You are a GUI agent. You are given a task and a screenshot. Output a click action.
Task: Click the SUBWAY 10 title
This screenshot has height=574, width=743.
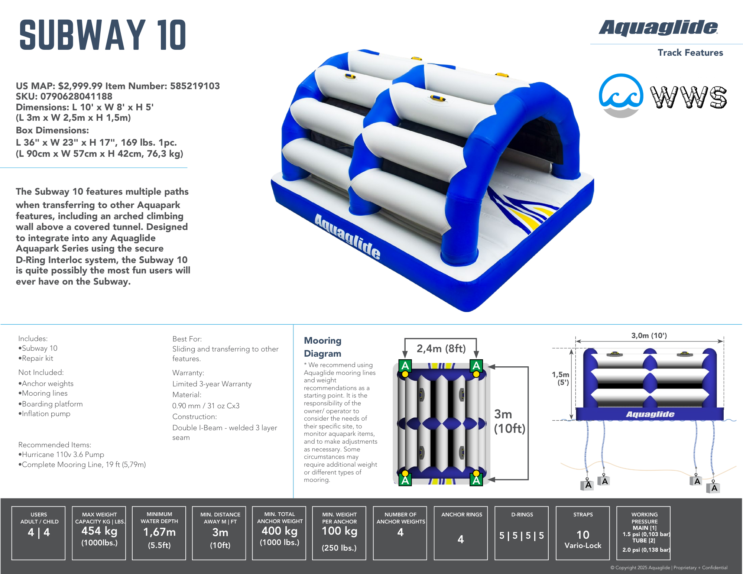103,35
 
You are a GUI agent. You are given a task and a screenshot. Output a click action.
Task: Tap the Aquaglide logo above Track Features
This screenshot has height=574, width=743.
658,28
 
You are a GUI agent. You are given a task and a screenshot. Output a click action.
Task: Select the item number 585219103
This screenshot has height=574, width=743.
195,86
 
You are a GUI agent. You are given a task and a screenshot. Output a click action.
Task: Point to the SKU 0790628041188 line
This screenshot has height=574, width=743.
64,97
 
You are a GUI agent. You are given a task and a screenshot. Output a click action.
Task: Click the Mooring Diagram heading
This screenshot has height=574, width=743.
322,347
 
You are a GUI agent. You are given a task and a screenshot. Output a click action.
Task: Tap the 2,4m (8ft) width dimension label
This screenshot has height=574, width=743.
441,348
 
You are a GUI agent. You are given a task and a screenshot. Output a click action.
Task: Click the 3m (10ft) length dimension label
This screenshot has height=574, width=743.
509,421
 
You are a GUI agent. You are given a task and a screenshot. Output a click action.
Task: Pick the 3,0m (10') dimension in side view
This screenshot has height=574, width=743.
649,335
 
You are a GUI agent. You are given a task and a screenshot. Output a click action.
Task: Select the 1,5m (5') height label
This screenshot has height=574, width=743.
561,378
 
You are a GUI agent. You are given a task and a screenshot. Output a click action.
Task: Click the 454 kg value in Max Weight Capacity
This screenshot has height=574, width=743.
99,531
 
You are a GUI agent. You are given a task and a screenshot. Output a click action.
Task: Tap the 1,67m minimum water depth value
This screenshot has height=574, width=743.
159,532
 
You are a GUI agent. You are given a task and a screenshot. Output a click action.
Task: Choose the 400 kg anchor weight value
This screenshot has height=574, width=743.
279,531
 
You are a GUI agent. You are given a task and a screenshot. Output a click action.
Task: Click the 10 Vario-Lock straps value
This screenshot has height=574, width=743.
583,539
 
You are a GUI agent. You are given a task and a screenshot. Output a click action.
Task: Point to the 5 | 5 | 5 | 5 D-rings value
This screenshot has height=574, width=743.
522,535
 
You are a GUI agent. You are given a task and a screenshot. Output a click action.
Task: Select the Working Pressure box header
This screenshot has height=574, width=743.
644,518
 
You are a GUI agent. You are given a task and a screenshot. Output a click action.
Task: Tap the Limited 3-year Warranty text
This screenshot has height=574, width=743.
212,384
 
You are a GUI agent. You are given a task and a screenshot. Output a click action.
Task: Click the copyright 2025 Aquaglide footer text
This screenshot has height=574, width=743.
669,567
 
